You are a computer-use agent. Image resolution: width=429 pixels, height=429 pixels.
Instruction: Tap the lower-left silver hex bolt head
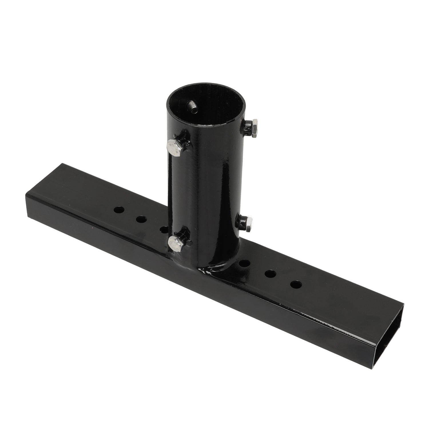click(174, 243)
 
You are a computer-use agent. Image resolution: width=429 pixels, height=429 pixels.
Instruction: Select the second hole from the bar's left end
click(140, 220)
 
